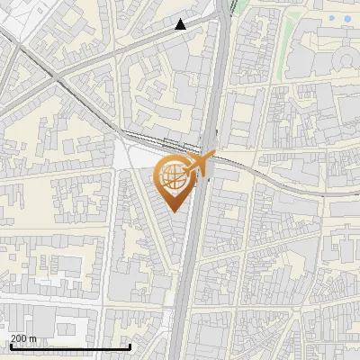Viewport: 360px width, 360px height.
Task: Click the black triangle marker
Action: [181, 24]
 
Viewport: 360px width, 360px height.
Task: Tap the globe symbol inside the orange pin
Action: [173, 176]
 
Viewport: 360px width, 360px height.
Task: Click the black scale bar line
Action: [70, 346]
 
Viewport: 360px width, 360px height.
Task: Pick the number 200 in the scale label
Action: [21, 338]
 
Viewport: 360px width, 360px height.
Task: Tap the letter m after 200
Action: [33, 338]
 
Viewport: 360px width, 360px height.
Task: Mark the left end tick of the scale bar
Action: [11, 345]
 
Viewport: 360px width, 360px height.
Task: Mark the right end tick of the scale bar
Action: [130, 345]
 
